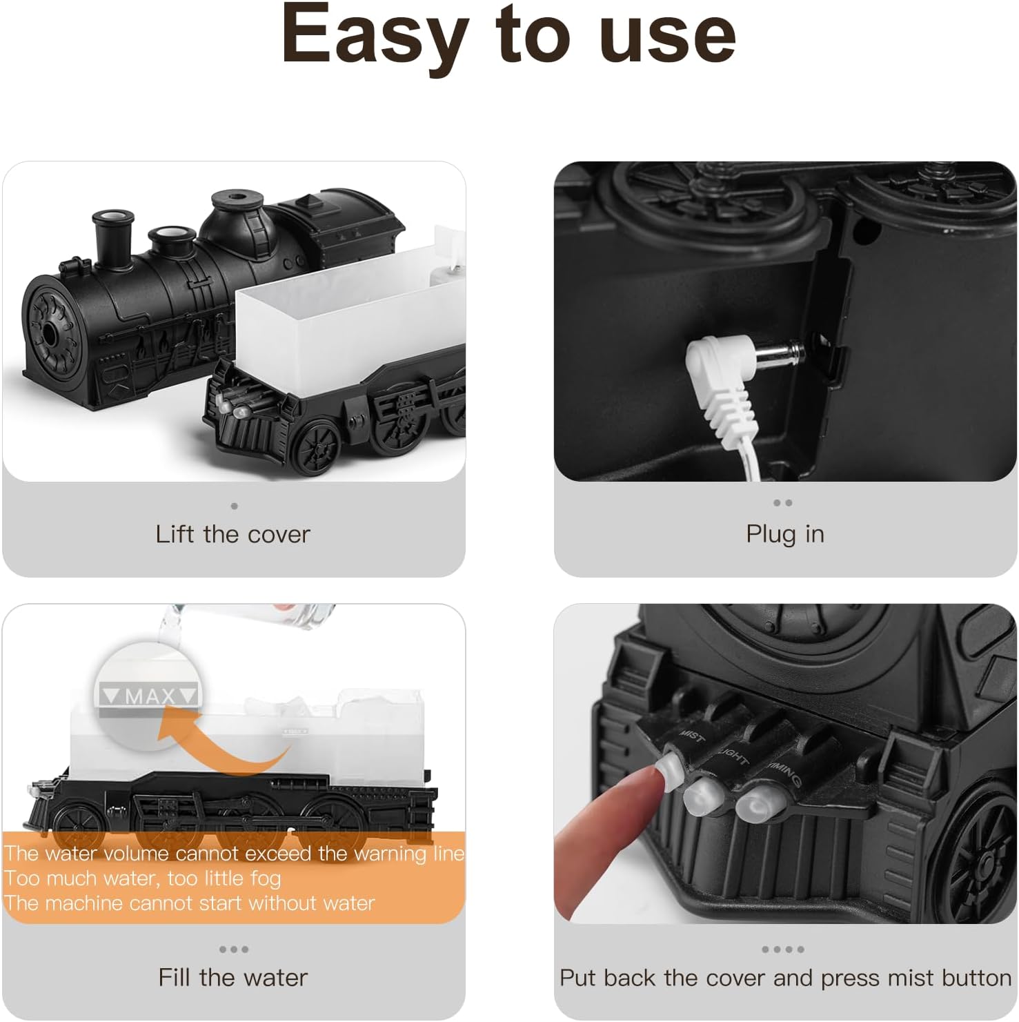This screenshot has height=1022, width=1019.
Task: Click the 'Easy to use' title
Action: (x=508, y=35)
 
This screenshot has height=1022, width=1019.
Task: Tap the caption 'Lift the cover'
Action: (x=233, y=534)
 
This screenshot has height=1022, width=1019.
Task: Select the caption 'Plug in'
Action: (x=784, y=534)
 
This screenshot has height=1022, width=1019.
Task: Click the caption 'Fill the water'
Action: (x=233, y=977)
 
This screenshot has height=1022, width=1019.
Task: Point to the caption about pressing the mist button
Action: (x=784, y=978)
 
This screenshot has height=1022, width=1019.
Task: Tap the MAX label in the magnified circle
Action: (x=150, y=696)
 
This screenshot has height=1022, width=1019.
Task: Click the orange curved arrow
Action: (x=221, y=745)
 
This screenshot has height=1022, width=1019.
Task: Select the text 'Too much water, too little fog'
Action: (x=142, y=878)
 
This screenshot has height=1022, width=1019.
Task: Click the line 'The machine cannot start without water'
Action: (x=189, y=903)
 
